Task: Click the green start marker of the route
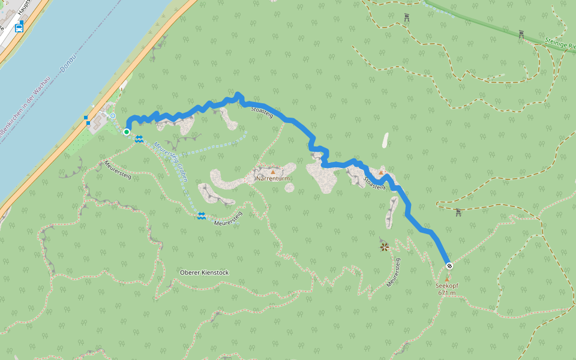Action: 127,131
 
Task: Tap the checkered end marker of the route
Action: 449,266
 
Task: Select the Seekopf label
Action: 447,286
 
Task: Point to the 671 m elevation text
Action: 447,293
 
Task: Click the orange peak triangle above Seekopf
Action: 446,279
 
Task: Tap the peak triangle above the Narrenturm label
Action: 273,172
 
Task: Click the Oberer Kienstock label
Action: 204,272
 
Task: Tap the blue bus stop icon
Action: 19,28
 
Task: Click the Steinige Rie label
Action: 560,44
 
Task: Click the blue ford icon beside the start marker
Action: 139,139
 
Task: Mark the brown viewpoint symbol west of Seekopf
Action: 384,246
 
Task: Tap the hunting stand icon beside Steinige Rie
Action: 521,34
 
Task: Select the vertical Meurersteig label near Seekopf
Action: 394,272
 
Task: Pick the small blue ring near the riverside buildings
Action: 112,115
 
